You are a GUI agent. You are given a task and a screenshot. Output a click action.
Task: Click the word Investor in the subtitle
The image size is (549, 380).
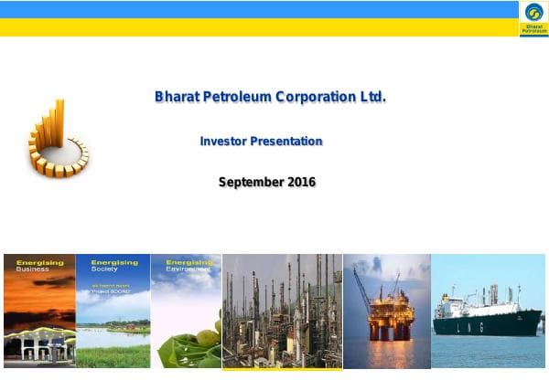point(221,142)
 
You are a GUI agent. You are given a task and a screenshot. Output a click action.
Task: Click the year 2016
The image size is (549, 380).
point(301,182)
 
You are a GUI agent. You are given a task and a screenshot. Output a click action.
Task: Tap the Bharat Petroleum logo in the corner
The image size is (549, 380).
point(533,17)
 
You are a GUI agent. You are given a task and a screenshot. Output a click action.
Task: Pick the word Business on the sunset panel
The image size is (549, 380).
point(33,269)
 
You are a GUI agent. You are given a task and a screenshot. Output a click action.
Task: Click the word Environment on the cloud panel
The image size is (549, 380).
point(187,269)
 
